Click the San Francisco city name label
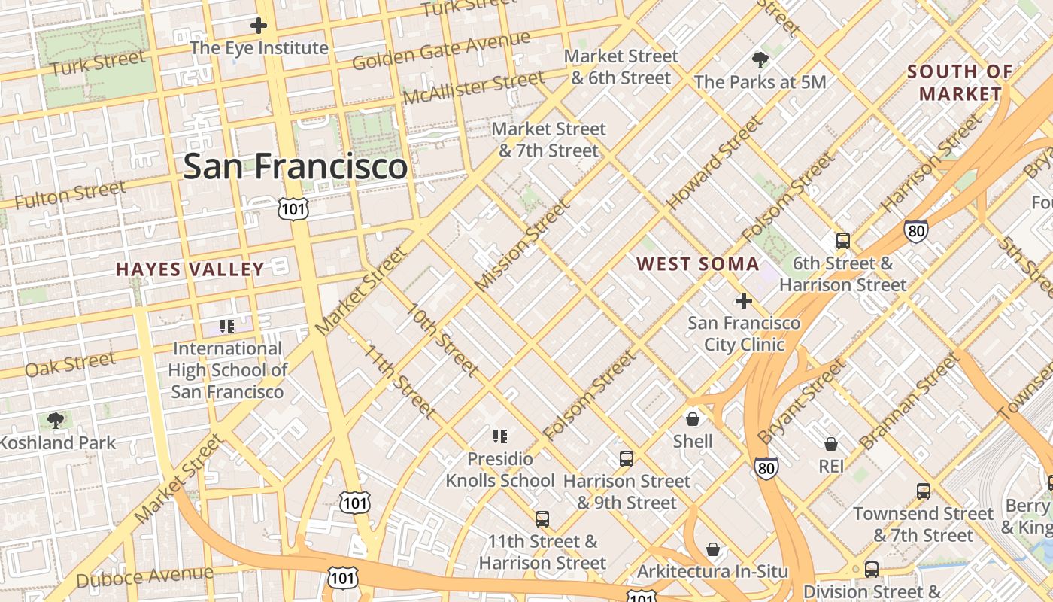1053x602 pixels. pos(295,166)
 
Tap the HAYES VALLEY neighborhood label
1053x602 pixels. pos(190,269)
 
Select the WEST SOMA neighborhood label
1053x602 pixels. pos(698,264)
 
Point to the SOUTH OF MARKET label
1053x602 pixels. pos(960,83)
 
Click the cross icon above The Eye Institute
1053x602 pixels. pos(259,26)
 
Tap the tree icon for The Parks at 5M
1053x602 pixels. pos(760,59)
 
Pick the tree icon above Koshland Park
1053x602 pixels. pos(55,420)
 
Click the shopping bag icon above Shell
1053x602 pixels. pos(693,418)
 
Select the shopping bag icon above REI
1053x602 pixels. pos(831,444)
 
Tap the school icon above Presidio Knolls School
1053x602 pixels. pos(500,436)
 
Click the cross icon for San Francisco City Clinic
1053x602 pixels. pos(743,302)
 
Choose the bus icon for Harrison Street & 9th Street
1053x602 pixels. pos(626,458)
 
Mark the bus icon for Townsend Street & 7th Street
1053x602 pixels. pos(923,491)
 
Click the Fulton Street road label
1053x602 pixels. pos(70,195)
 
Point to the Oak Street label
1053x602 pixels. pos(70,364)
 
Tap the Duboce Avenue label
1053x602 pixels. pos(144,577)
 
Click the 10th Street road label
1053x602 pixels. pos(442,339)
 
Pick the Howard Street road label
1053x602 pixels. pos(714,163)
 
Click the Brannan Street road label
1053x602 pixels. pos(909,403)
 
